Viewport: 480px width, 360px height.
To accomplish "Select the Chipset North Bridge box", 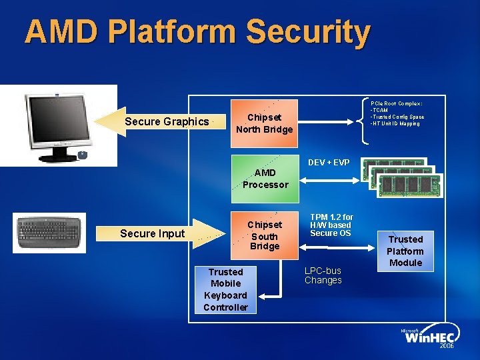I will coord(264,123).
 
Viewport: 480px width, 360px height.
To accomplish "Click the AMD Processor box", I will coord(265,179).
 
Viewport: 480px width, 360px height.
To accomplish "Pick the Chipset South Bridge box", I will coord(265,235).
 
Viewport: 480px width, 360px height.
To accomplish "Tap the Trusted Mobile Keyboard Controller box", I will coord(225,289).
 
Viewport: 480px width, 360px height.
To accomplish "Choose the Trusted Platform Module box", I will coord(405,251).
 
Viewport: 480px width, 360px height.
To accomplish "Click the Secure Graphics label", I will coord(167,121).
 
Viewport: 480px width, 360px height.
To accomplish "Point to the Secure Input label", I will coord(152,233).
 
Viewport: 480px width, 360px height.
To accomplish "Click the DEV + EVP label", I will coord(329,163).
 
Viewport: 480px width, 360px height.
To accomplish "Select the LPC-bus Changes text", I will coord(323,275).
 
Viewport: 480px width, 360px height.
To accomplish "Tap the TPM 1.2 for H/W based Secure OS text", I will coord(331,225).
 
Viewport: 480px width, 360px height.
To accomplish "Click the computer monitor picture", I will coord(59,125).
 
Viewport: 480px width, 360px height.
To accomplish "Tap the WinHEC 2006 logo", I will coord(429,339).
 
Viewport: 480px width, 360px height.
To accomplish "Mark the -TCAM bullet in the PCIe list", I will coord(380,110).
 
